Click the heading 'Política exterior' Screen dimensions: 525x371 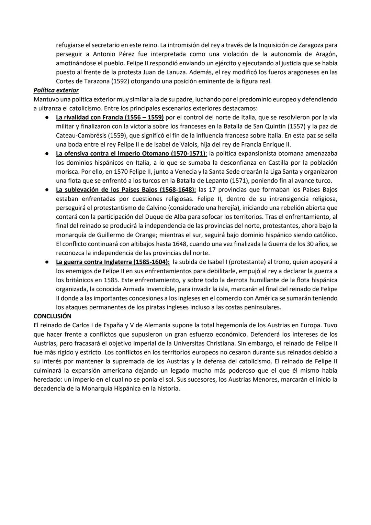(x=56, y=90)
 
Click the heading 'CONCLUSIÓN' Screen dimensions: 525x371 (x=52, y=316)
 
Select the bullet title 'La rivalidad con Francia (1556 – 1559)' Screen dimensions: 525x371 (x=110, y=117)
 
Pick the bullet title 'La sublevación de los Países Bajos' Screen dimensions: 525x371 (x=126, y=189)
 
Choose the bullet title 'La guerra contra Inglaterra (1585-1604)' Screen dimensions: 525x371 (x=113, y=262)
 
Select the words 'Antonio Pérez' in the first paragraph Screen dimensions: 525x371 (x=113, y=54)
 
